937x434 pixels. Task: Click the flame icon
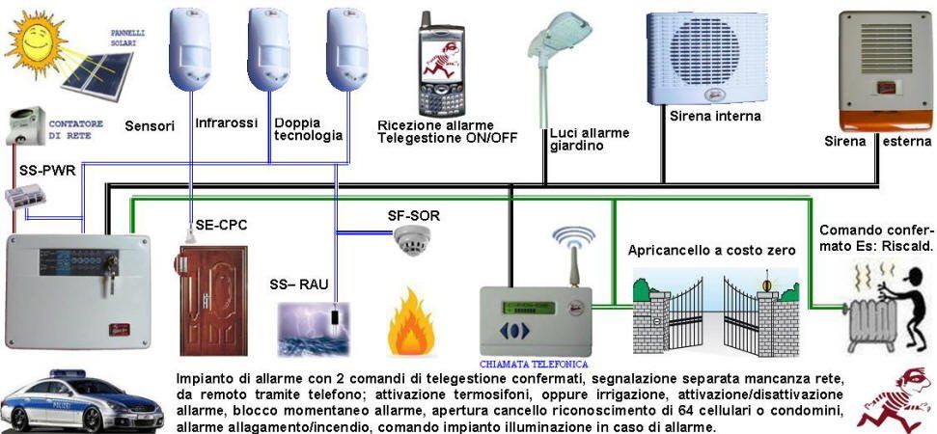click(412, 329)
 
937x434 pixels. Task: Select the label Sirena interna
click(715, 116)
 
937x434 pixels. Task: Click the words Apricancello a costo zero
click(711, 250)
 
